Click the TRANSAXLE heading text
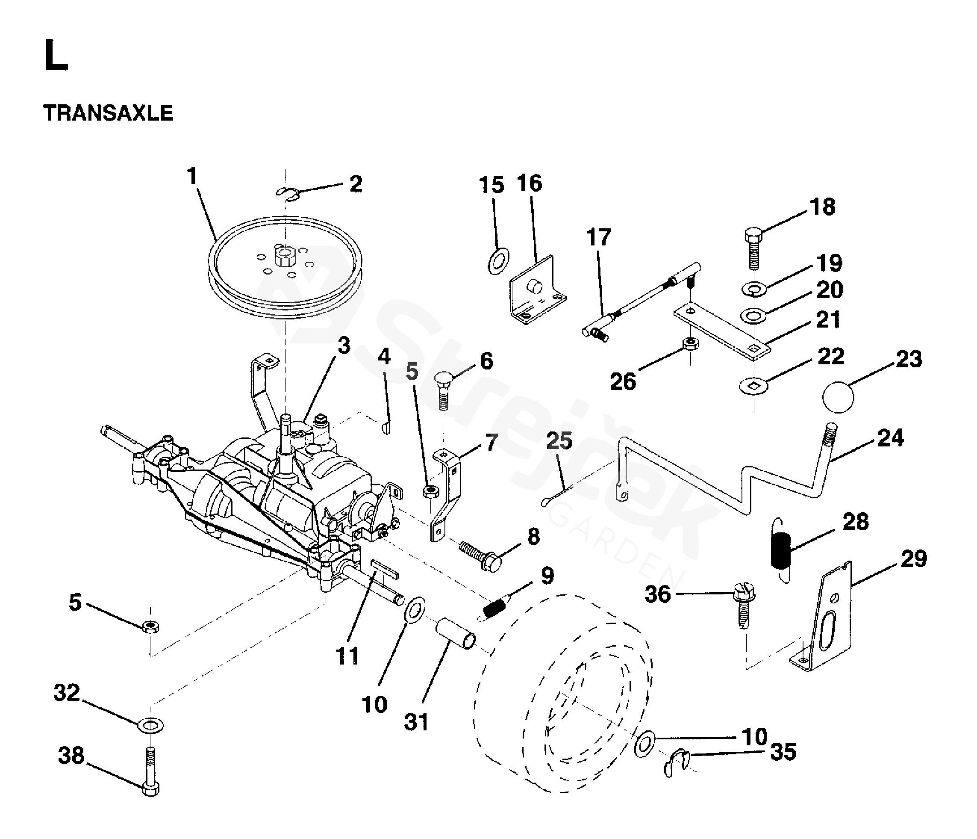click(108, 114)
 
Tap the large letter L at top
click(56, 56)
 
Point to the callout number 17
click(599, 237)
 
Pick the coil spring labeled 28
click(780, 550)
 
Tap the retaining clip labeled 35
click(677, 763)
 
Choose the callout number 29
click(913, 559)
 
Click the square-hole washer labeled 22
click(753, 386)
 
